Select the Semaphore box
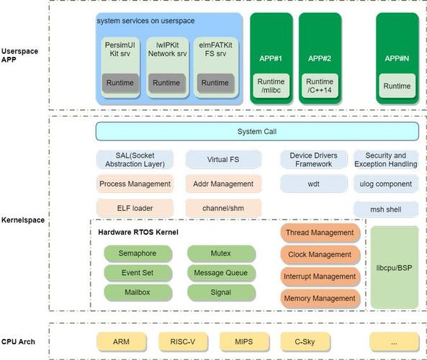click(x=139, y=253)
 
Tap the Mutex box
click(x=221, y=253)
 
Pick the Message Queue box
click(x=221, y=273)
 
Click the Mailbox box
click(x=139, y=292)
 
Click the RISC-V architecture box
click(x=183, y=341)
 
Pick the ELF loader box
click(x=135, y=208)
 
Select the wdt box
click(x=313, y=184)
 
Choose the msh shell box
click(x=385, y=210)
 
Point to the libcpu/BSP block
click(x=394, y=266)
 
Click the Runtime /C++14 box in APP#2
click(x=319, y=86)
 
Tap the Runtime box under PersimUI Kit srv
click(x=120, y=83)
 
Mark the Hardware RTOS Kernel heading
click(x=138, y=232)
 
